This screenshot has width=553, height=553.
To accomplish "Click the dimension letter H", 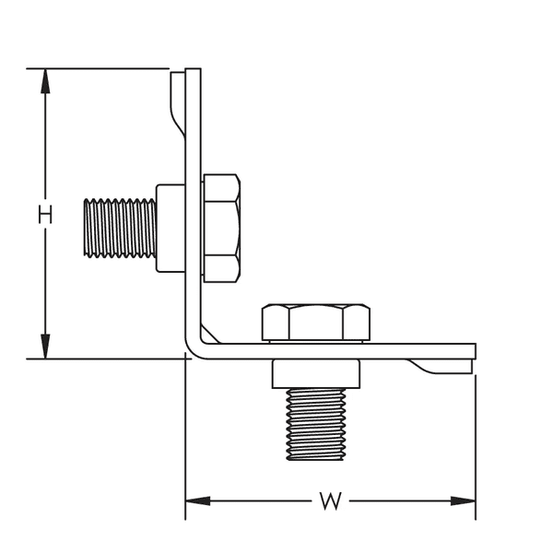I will point(45,215).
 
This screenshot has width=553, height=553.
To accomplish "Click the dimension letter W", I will point(330,501).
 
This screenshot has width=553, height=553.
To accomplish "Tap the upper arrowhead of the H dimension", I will point(45,78).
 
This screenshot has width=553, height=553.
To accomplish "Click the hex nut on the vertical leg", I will point(222,228).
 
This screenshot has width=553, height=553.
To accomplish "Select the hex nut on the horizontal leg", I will point(315,322).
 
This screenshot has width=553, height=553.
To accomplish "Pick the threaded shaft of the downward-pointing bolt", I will point(315,423).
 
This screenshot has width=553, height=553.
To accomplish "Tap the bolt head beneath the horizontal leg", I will point(315,372).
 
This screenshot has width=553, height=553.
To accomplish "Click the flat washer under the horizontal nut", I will point(315,341).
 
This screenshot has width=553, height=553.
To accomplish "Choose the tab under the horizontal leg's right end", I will point(442,366).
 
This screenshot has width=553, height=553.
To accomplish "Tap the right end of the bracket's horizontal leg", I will point(473,351).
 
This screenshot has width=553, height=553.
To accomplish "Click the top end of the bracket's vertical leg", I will point(193,71).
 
